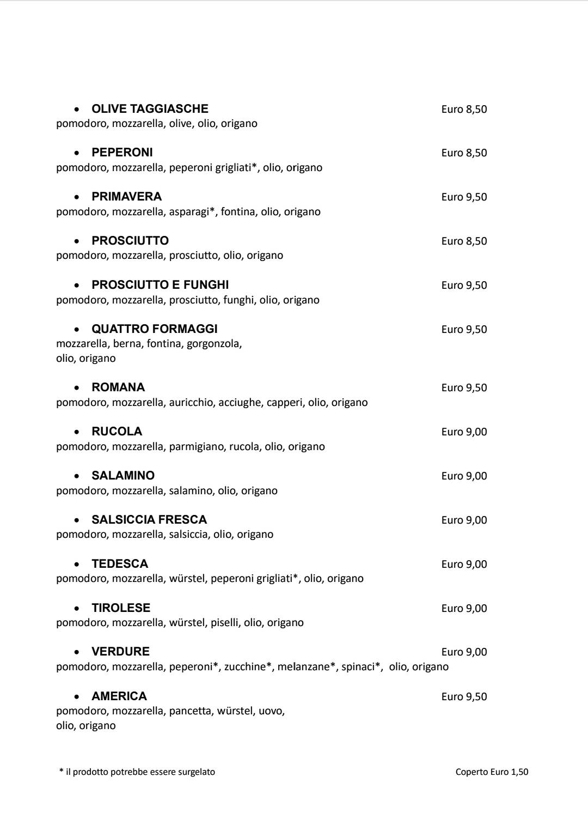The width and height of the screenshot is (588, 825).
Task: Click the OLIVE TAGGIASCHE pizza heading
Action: (x=150, y=109)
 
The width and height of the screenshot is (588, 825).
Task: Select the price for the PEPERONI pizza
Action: (x=464, y=153)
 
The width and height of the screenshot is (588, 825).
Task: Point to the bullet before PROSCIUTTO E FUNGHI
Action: (x=78, y=285)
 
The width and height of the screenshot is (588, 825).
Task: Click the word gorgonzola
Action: (x=214, y=344)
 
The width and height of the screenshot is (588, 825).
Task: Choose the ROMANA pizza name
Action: (x=118, y=387)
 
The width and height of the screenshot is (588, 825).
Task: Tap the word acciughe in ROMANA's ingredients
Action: (x=240, y=403)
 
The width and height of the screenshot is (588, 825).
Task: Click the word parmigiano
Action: (x=197, y=447)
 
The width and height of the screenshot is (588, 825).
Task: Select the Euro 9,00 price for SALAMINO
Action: (x=464, y=476)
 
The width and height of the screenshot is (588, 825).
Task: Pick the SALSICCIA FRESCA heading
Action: (x=149, y=520)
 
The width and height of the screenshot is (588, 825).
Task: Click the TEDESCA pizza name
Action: (x=120, y=564)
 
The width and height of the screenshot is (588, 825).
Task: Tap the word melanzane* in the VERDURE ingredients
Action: (x=307, y=667)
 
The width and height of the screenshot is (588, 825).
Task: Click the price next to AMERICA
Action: (x=464, y=697)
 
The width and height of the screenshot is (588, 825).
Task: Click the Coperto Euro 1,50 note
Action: (x=492, y=772)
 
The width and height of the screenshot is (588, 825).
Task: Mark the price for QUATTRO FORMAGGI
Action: (x=464, y=330)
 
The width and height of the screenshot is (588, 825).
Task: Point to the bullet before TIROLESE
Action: (x=78, y=608)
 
